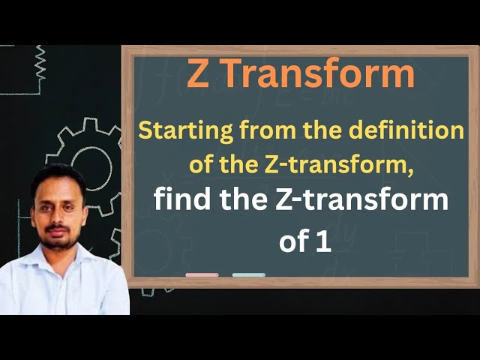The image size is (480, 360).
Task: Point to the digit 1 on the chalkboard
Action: pos(324,241)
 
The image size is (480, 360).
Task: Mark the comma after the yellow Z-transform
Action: pos(410,172)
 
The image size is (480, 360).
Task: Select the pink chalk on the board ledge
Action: pos(202,274)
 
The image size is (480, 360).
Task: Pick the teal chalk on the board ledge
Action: pos(248,274)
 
